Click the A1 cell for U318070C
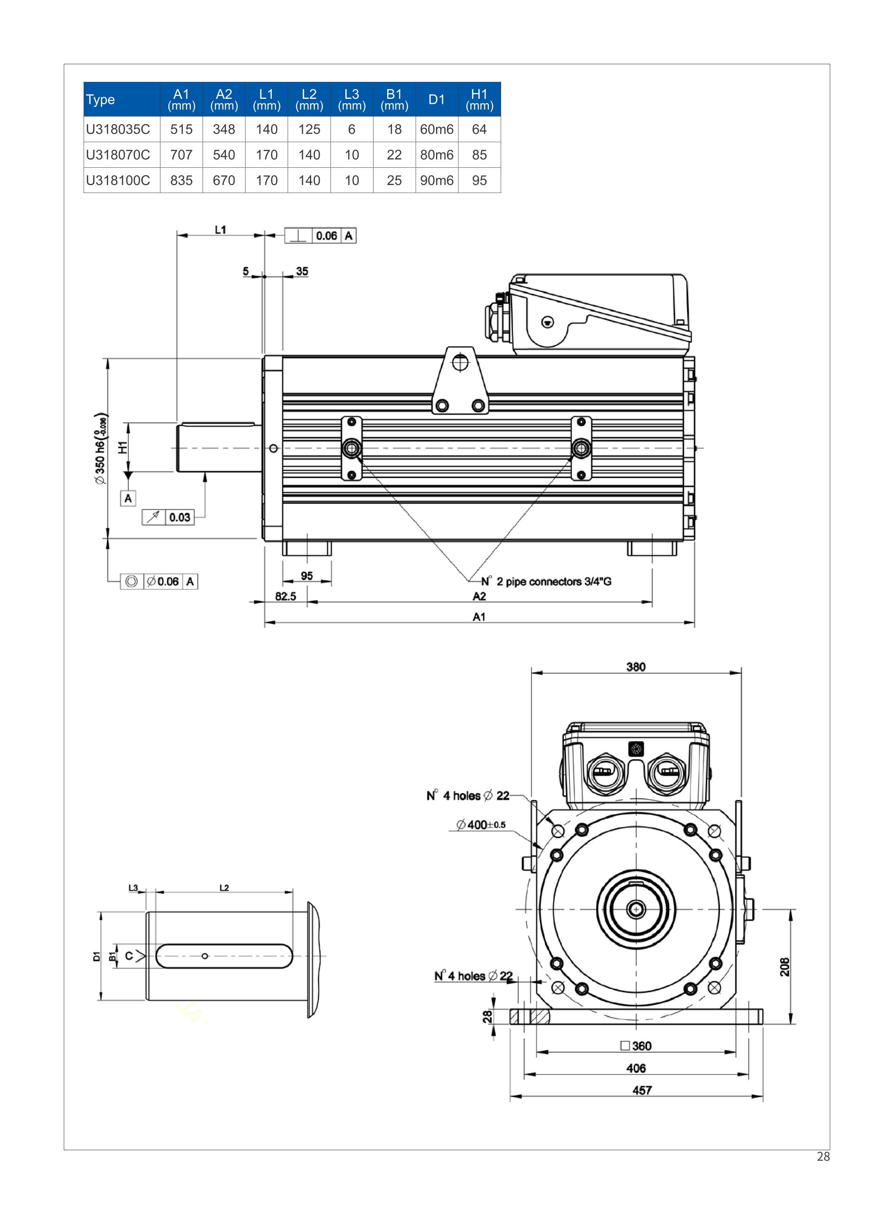click(181, 155)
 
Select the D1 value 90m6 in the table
click(437, 180)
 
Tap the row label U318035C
click(118, 129)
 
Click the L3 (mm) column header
click(352, 99)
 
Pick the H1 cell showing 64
click(479, 129)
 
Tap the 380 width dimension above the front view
click(636, 667)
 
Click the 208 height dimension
click(785, 967)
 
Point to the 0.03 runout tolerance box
click(180, 517)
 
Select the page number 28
click(823, 1156)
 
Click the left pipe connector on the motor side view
click(352, 448)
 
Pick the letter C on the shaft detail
click(129, 956)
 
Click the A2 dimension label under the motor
click(479, 596)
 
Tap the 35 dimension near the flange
click(302, 271)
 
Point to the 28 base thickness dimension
click(487, 1016)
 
